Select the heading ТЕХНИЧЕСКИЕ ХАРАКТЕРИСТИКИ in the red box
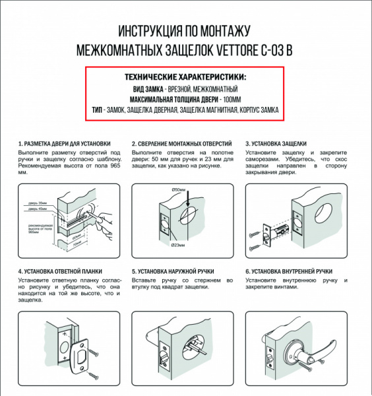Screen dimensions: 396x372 coord(185,77)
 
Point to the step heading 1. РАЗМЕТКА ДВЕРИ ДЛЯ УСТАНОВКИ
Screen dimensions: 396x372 coord(64,143)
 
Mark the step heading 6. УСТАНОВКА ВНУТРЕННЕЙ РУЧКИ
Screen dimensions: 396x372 coord(289,271)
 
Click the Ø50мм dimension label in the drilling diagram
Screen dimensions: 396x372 coord(179,190)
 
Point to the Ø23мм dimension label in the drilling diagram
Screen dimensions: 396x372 coord(179,246)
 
